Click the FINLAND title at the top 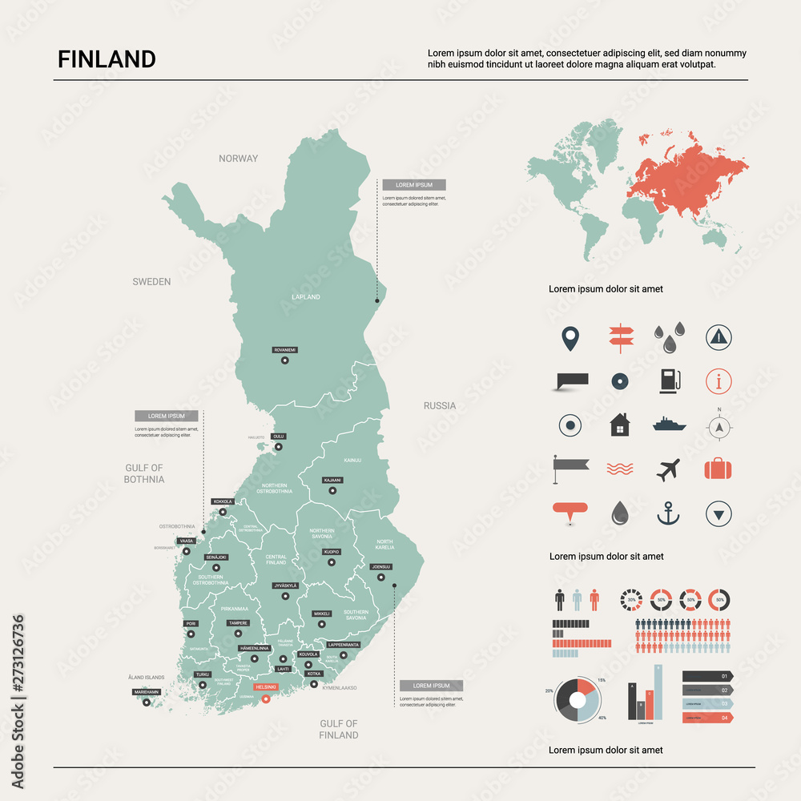107,59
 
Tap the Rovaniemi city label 284,350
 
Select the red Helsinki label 265,686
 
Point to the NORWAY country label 239,159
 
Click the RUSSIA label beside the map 440,406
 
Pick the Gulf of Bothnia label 144,473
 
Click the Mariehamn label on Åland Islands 147,691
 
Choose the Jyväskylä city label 284,586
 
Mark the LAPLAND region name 305,297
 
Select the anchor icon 668,513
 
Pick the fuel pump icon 668,380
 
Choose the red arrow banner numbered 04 706,718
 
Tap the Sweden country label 151,282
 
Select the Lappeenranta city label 344,644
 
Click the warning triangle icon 719,337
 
